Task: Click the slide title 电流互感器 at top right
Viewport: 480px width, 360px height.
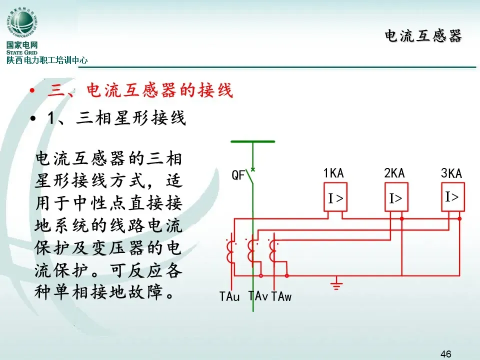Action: click(423, 36)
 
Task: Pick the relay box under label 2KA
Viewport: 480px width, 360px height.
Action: click(396, 198)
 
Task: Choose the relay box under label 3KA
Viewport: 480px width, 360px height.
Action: click(452, 196)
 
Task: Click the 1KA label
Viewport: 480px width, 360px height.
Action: click(334, 173)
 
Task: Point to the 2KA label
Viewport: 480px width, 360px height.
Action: click(394, 173)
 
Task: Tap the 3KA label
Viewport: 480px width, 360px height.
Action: click(451, 173)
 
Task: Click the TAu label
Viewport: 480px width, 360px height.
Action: click(229, 296)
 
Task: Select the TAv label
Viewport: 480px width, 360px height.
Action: click(258, 296)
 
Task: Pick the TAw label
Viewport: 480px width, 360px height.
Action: click(281, 296)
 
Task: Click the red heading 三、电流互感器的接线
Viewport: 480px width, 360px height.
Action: click(140, 91)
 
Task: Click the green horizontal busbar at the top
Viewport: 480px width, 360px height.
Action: click(253, 141)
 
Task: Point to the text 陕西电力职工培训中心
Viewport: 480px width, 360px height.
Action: click(47, 60)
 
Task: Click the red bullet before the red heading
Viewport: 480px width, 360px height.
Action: click(32, 91)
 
